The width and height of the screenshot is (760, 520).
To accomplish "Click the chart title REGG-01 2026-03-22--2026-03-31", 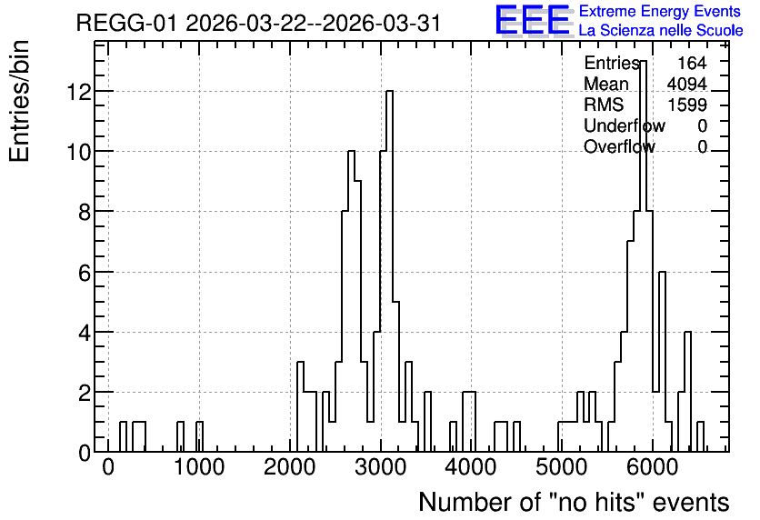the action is click(258, 24).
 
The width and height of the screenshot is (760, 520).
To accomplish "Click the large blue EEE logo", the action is click(533, 21).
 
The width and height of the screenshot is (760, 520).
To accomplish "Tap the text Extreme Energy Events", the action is click(660, 11).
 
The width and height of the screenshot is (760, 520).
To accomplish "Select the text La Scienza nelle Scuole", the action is click(661, 31).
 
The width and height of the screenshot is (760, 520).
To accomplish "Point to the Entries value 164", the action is click(692, 63).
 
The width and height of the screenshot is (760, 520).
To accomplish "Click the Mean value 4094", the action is click(686, 84).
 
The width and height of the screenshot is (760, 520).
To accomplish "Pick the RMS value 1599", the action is click(687, 105).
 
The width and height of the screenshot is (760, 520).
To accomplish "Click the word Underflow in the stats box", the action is click(625, 125).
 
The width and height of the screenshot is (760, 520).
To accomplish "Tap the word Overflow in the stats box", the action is click(619, 146).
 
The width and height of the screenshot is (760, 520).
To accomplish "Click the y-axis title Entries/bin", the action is click(20, 101).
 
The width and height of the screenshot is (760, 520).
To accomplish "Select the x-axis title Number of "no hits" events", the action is click(574, 502).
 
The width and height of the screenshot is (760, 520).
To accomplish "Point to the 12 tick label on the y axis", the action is click(79, 92).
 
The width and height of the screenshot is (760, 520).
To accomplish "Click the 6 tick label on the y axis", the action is click(85, 273).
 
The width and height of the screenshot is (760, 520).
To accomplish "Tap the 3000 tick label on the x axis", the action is click(381, 467).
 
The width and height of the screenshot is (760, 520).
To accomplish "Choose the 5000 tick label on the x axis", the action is click(562, 467).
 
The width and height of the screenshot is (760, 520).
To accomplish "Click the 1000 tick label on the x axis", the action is click(199, 467).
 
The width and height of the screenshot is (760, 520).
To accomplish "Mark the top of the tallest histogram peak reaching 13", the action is click(644, 61).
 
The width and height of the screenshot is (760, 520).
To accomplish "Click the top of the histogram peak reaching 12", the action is click(389, 91).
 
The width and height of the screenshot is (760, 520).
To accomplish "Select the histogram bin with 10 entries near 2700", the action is click(352, 151).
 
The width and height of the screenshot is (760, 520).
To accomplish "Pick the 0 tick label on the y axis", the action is click(85, 454).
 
